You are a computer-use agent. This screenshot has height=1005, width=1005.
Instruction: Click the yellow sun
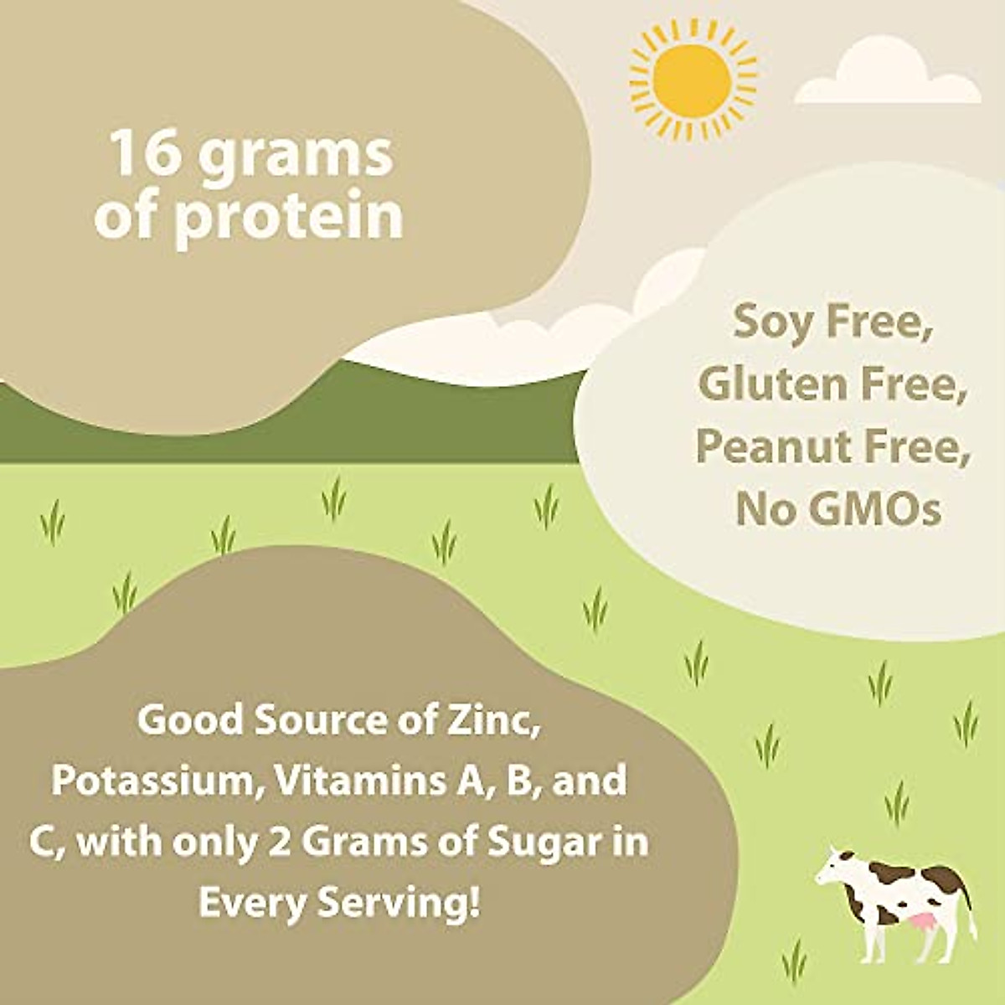pyautogui.click(x=692, y=80)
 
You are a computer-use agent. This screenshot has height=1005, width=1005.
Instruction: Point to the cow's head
pyautogui.click(x=834, y=868)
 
